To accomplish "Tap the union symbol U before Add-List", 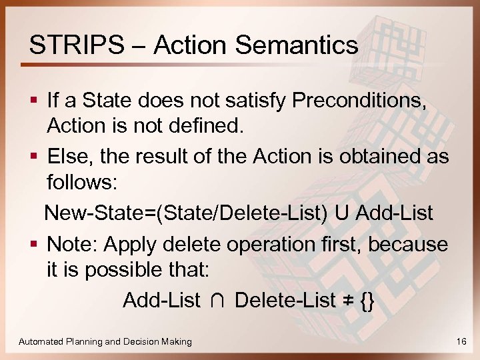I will (x=342, y=213).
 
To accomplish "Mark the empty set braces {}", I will (x=367, y=301).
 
